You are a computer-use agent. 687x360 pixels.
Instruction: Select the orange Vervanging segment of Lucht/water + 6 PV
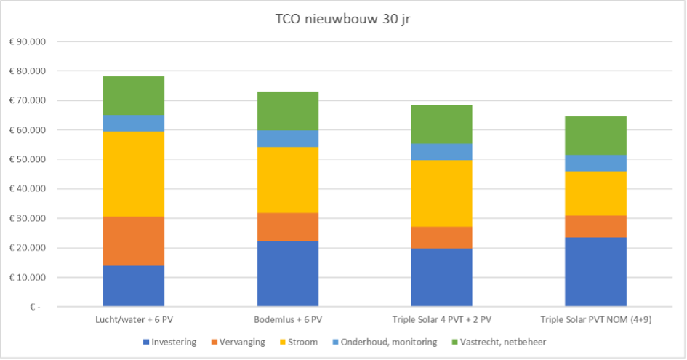coord(133,241)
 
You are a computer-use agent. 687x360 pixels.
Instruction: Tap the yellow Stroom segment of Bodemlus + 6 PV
coord(288,180)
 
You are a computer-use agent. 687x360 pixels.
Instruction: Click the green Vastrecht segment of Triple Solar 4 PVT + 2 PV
coord(441,124)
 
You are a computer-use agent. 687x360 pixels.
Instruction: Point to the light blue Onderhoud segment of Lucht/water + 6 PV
coord(133,123)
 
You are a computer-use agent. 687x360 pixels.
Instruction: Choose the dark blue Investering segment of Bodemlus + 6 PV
coord(288,273)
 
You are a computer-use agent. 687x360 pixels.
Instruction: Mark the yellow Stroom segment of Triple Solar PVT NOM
coord(595,193)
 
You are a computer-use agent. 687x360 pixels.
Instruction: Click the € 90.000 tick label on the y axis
coord(27,41)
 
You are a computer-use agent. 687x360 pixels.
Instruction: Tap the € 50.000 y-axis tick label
coord(27,159)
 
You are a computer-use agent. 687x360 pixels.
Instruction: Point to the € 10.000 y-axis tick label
coord(27,278)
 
